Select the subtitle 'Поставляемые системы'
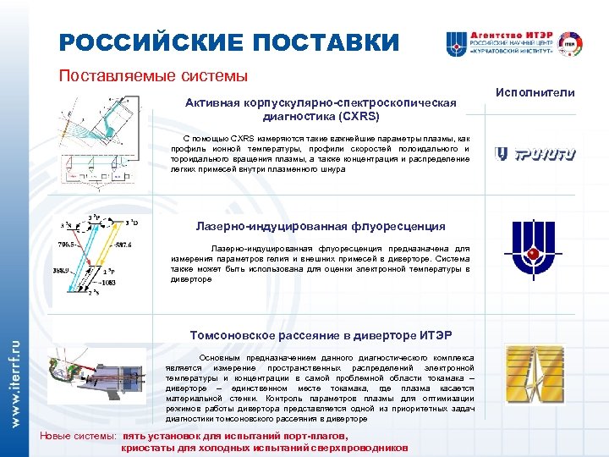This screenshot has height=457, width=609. (153, 76)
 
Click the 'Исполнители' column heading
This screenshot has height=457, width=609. (540, 92)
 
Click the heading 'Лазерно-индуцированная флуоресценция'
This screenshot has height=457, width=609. (321, 226)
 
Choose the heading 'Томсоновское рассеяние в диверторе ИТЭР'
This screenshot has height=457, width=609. (321, 335)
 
